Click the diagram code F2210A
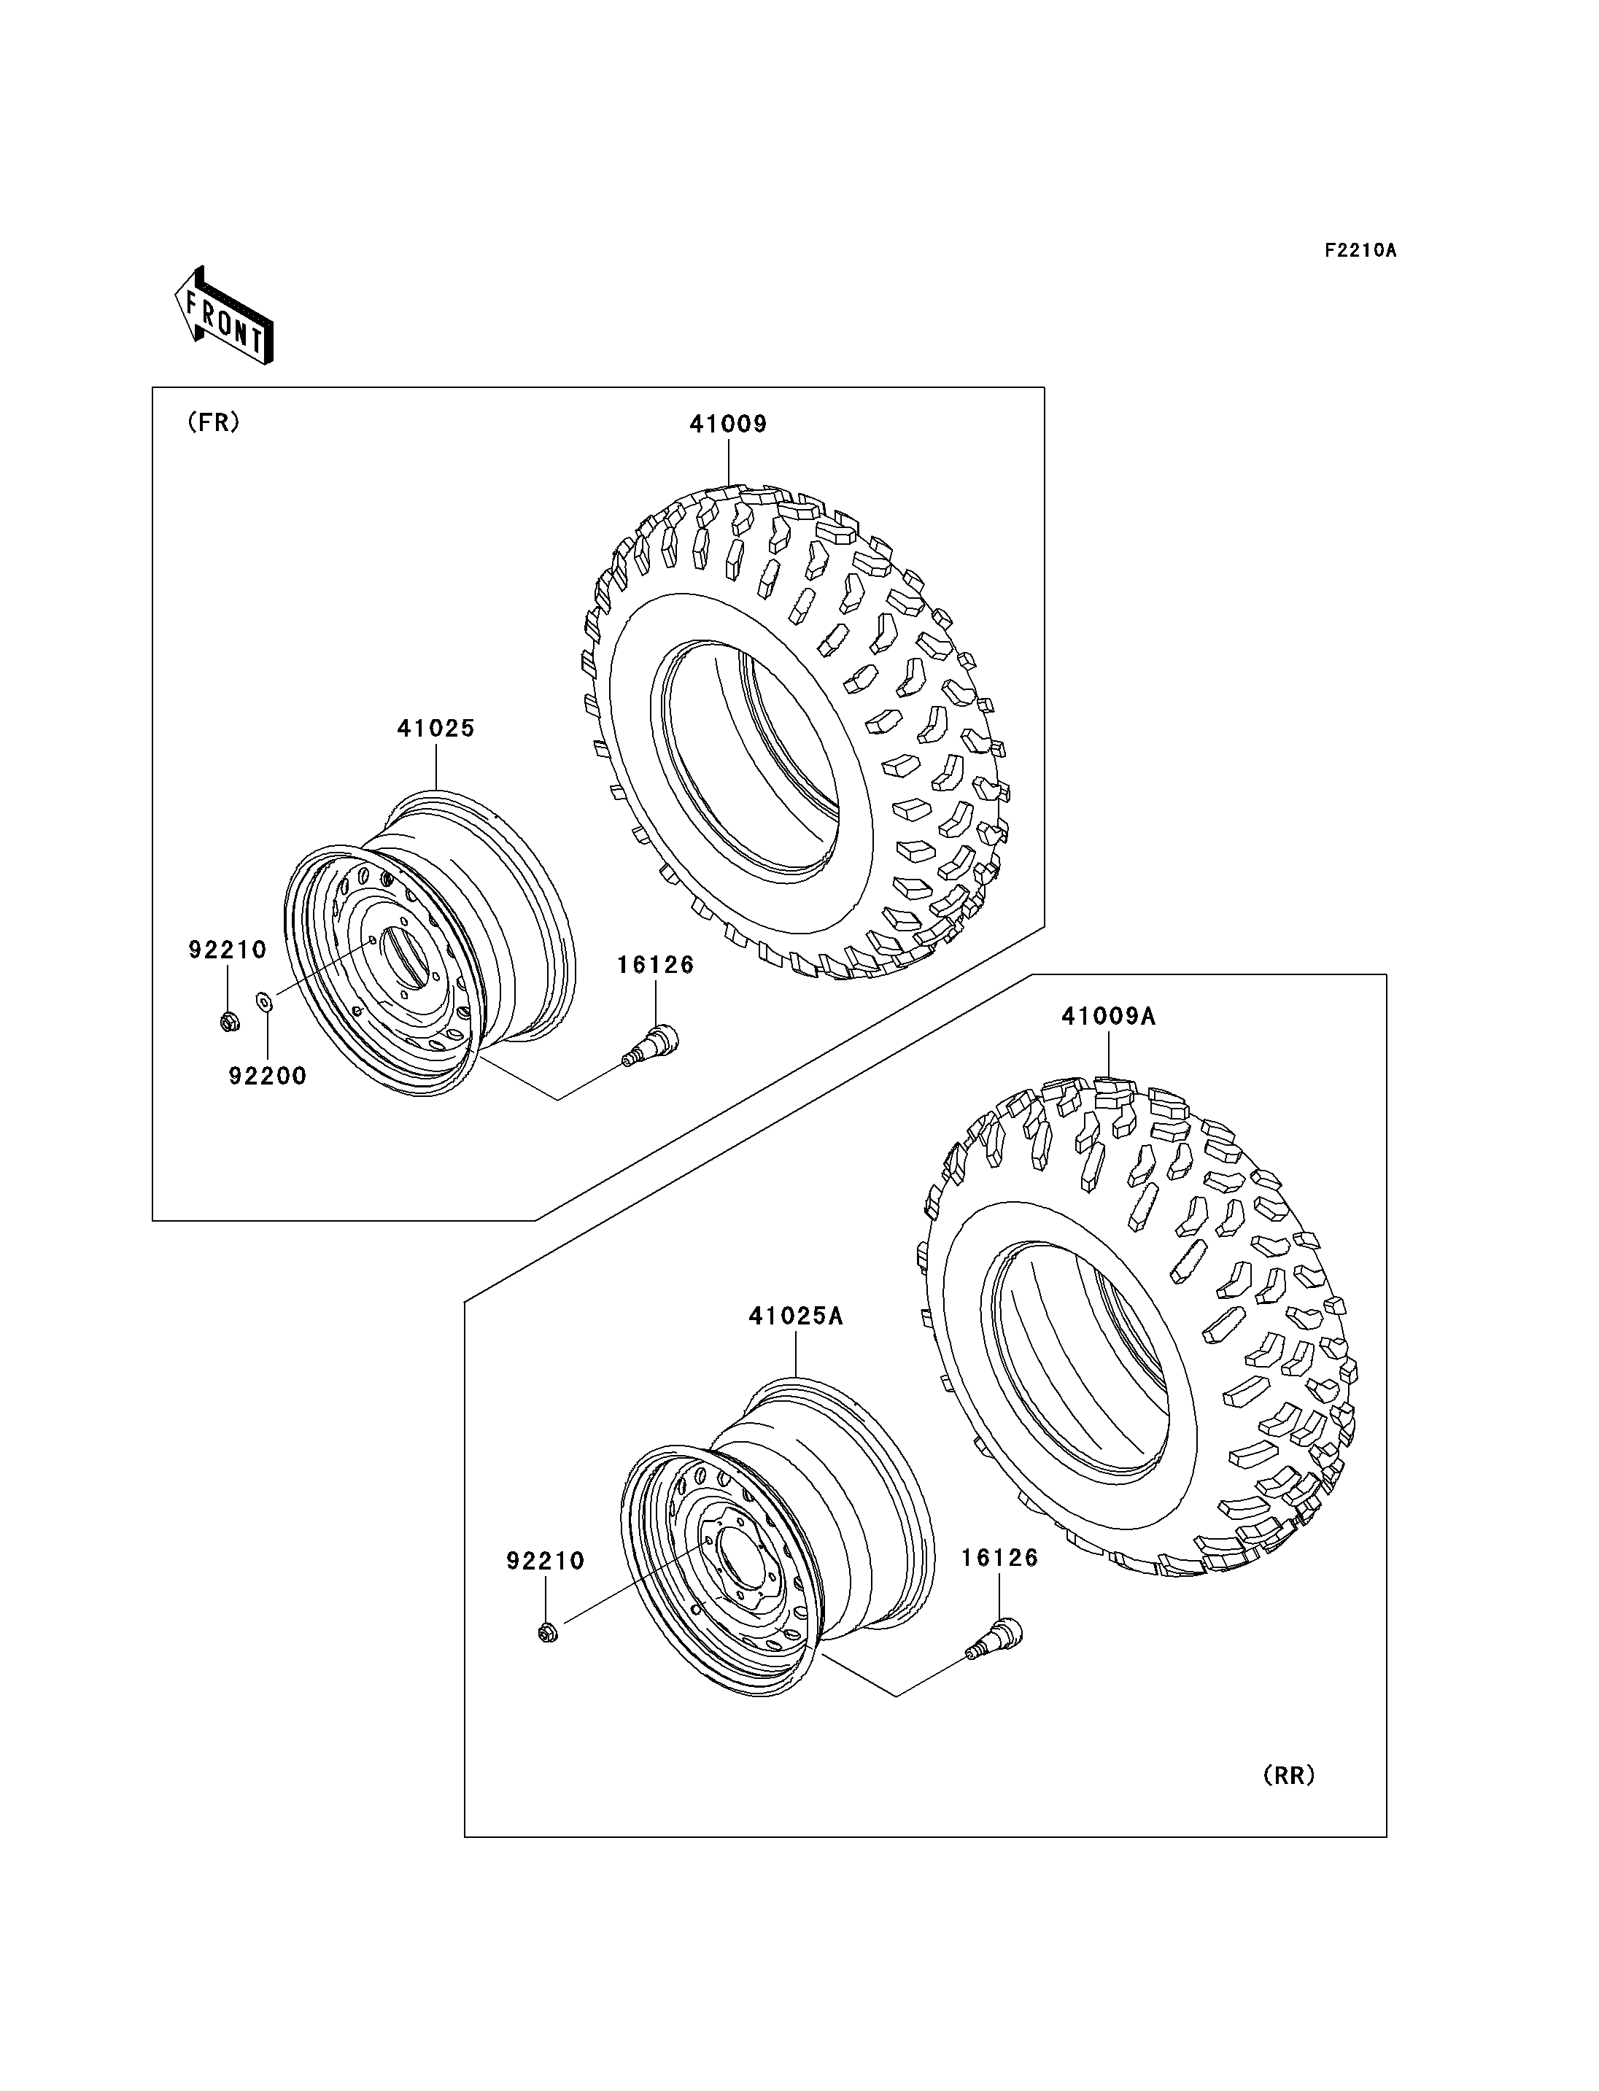(1360, 250)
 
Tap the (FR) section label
(213, 422)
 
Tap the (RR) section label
(1289, 1775)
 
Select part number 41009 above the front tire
(728, 424)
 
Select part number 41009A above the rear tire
(1109, 1017)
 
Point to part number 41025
(436, 728)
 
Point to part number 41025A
(796, 1316)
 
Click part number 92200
(268, 1076)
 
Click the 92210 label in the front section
(228, 950)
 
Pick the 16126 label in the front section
(656, 965)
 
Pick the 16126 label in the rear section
(999, 1558)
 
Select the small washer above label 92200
(263, 1001)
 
